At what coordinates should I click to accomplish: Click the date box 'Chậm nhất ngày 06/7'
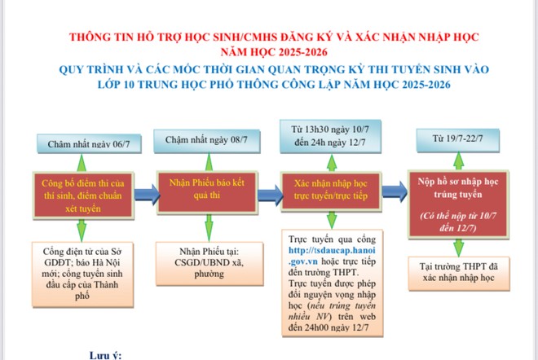(x=89, y=143)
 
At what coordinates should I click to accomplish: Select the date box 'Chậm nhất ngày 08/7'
(x=206, y=141)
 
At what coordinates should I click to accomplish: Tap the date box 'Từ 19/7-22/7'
(x=458, y=139)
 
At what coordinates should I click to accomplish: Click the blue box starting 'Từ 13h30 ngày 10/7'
(x=330, y=136)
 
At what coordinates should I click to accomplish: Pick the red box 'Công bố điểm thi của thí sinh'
(x=83, y=195)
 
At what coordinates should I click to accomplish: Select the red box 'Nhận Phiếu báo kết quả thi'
(x=207, y=192)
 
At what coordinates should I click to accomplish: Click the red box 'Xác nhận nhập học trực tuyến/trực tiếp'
(x=331, y=191)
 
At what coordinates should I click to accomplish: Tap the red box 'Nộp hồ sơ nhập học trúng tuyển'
(x=458, y=204)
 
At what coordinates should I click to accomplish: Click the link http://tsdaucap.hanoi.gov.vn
(x=332, y=256)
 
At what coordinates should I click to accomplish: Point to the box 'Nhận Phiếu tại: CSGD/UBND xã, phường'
(x=209, y=263)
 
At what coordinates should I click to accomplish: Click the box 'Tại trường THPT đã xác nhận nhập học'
(x=459, y=273)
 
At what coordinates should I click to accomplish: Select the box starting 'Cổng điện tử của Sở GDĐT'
(x=82, y=274)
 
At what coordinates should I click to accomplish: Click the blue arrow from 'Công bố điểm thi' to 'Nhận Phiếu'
(x=147, y=194)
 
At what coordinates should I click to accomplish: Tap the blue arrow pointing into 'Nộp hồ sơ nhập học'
(x=395, y=191)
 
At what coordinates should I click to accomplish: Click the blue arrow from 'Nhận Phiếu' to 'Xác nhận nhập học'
(x=271, y=195)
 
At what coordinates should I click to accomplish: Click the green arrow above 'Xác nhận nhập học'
(x=332, y=163)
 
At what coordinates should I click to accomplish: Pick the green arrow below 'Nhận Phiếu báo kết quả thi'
(x=209, y=228)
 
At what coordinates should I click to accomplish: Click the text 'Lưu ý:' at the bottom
(x=106, y=355)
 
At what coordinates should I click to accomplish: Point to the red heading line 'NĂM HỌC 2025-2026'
(x=274, y=52)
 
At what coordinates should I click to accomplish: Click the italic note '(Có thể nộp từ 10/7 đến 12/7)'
(x=458, y=222)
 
